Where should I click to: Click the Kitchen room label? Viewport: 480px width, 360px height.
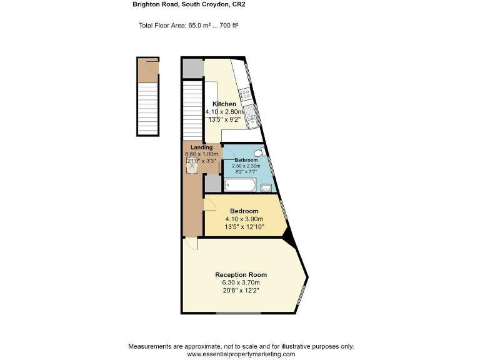pos(224,104)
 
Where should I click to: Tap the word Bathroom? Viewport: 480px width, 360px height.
pos(246,160)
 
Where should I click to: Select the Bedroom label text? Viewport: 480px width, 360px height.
pos(244,211)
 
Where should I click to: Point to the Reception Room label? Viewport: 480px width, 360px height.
pos(241,275)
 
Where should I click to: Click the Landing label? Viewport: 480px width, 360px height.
pos(201,147)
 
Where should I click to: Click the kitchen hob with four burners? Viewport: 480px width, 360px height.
pos(246,95)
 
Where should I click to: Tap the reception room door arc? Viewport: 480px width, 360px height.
pos(191,244)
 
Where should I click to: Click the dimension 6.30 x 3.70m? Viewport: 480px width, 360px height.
pos(241,283)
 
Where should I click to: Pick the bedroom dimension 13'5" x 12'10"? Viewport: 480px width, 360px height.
pos(244,227)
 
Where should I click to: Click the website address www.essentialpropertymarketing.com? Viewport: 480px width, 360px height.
pos(241,354)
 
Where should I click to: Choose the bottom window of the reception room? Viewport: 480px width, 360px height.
pos(239,312)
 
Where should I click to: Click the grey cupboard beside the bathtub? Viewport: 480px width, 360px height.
pos(212,183)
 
